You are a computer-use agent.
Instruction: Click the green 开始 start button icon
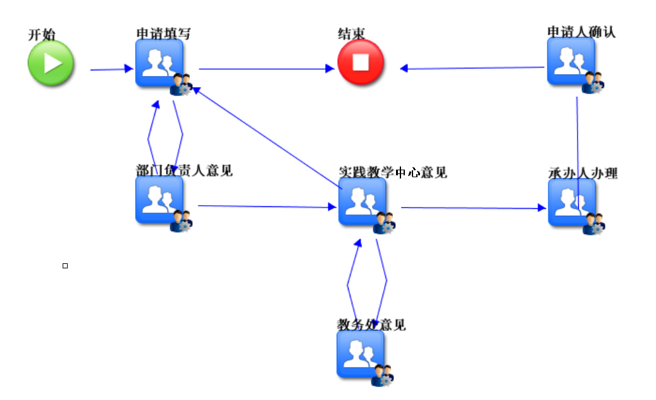(x=51, y=63)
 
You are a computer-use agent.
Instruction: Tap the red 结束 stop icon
(x=361, y=62)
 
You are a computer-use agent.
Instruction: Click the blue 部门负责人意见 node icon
(x=159, y=199)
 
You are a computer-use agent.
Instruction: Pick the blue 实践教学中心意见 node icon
(x=362, y=201)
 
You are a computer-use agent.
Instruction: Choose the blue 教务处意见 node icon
(x=361, y=354)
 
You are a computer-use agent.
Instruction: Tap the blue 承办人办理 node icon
(x=572, y=203)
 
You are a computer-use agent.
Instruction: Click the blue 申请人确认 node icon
(x=571, y=61)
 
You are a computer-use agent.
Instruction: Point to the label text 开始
(x=42, y=35)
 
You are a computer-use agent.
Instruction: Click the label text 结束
(x=351, y=34)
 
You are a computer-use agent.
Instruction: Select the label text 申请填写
(x=163, y=33)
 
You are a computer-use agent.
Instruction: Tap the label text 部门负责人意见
(x=184, y=170)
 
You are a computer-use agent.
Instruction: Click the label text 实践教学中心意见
(x=392, y=172)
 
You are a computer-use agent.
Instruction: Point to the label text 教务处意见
(x=371, y=325)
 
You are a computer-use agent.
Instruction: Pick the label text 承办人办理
(x=583, y=173)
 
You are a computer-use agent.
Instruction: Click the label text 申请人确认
(x=581, y=32)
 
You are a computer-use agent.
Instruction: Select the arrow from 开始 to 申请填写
(x=111, y=70)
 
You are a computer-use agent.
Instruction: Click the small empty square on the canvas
(x=65, y=266)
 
